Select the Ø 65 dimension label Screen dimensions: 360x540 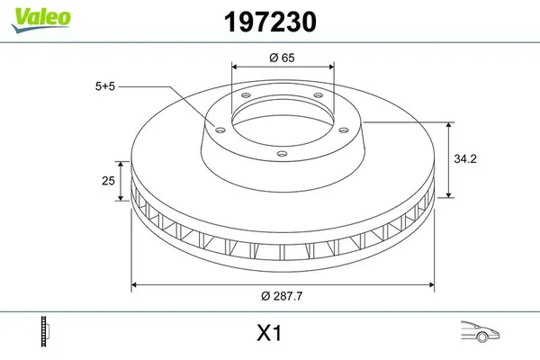coord(283,57)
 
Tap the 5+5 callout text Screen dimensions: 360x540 coord(104,86)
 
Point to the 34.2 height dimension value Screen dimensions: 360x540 coord(465,158)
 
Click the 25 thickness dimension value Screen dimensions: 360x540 coord(107,181)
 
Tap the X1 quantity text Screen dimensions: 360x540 coord(270,333)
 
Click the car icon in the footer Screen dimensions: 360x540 coord(478,331)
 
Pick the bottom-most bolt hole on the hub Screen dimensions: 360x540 coord(281,154)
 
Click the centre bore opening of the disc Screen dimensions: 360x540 coord(282,115)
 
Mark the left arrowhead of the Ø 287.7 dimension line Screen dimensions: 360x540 coord(136,285)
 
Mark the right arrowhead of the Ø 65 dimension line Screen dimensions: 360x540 coord(332,67)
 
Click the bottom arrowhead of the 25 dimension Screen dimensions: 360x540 coord(120,199)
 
